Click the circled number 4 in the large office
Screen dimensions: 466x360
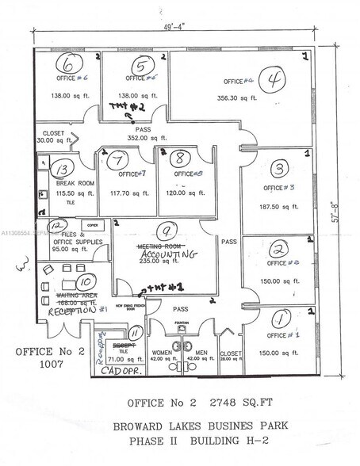pyautogui.click(x=275, y=80)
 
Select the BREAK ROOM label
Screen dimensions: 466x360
pyautogui.click(x=71, y=183)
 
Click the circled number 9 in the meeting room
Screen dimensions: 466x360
pyautogui.click(x=166, y=232)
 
